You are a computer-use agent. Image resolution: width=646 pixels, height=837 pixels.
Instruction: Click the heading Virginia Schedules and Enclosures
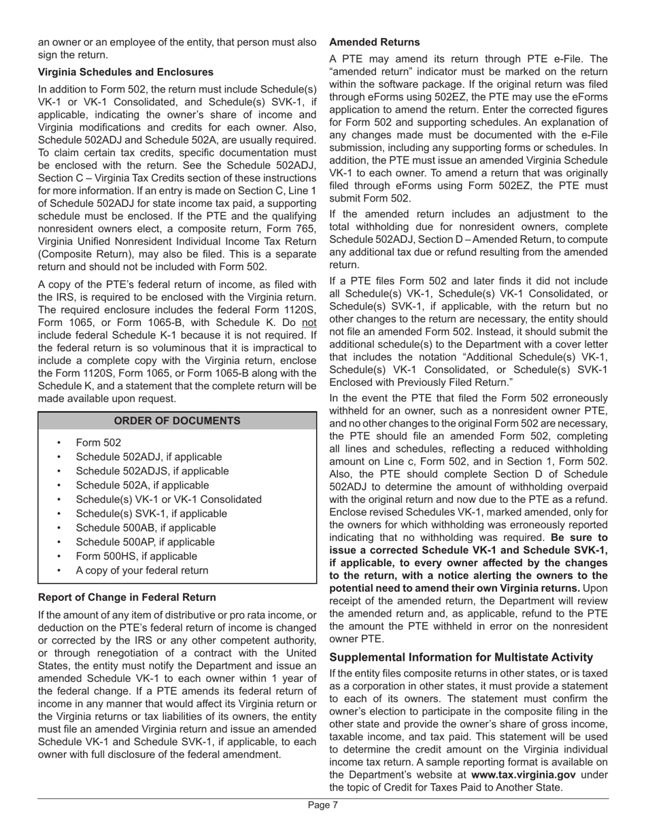[x=126, y=72]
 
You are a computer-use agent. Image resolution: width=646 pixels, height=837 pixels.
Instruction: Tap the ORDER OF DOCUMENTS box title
[x=177, y=421]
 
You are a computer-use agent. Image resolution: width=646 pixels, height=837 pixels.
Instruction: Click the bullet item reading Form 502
[x=99, y=442]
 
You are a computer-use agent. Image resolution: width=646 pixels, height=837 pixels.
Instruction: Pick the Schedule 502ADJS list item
[x=152, y=471]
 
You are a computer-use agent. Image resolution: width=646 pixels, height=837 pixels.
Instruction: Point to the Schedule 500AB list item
[x=146, y=527]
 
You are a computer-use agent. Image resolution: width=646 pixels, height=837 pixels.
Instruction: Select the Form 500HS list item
[x=137, y=556]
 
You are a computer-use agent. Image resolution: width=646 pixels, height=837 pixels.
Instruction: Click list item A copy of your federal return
[x=142, y=570]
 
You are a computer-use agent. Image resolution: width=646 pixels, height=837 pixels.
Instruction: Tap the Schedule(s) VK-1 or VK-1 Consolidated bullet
[x=169, y=499]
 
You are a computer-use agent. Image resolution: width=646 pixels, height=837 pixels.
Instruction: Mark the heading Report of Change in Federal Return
[x=127, y=597]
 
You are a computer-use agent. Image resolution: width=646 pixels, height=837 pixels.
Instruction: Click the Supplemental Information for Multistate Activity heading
[x=461, y=657]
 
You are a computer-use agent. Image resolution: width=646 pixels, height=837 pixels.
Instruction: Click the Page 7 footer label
[x=322, y=805]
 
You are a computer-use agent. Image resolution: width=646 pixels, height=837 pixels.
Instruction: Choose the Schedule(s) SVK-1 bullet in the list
[x=152, y=513]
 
